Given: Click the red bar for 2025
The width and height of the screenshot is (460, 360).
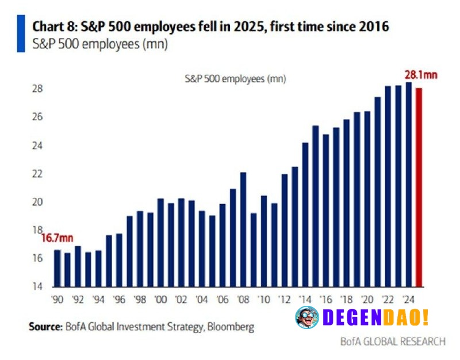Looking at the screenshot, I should click(x=419, y=187).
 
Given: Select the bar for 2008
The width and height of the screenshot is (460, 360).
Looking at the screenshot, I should click(x=243, y=229).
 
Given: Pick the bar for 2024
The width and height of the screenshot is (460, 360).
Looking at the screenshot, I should click(x=409, y=185).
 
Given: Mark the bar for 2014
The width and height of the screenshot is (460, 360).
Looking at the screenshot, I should click(x=305, y=215).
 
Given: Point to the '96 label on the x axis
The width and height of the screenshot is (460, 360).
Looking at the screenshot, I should click(x=119, y=299).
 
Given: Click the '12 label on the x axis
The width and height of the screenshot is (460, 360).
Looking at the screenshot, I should click(x=284, y=299).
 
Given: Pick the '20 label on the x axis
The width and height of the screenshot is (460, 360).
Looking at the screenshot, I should click(x=367, y=299).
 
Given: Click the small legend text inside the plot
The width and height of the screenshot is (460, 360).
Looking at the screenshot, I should click(x=235, y=79).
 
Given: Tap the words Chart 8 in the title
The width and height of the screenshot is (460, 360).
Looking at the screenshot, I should click(x=50, y=26).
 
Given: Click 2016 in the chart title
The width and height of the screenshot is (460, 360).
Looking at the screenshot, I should click(x=373, y=26).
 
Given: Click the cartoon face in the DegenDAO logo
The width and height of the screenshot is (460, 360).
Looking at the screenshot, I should click(x=306, y=317).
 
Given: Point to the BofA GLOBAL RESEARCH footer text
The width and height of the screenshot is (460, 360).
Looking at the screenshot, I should click(x=392, y=342).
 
